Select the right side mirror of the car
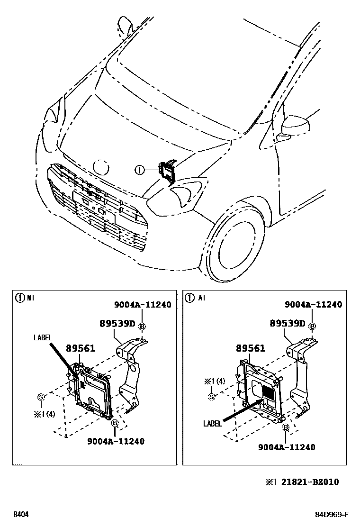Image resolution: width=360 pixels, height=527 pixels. pos(295,125)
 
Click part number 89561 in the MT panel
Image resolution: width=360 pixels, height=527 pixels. pos(80,348)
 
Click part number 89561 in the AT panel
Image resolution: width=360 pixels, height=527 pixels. pos(251,348)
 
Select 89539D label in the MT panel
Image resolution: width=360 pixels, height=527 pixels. pos(117,324)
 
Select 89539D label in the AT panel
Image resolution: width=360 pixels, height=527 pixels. pos(288,324)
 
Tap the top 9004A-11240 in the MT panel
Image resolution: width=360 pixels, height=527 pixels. pos(142,305)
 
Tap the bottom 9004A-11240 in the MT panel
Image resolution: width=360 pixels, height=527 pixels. pos(116,441)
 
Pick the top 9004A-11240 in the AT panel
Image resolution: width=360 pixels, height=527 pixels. pos(313,305)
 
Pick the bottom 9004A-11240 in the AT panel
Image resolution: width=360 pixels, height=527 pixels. pos(287,447)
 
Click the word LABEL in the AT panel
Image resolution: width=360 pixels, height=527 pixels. pos(212,424)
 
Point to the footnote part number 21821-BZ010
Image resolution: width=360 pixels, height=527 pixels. pos(310,482)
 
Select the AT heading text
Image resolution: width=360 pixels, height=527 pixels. pos(202,298)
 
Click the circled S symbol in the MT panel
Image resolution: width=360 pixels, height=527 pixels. pos(41,397)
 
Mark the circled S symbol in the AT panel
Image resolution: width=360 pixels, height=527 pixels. pos(212,396)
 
